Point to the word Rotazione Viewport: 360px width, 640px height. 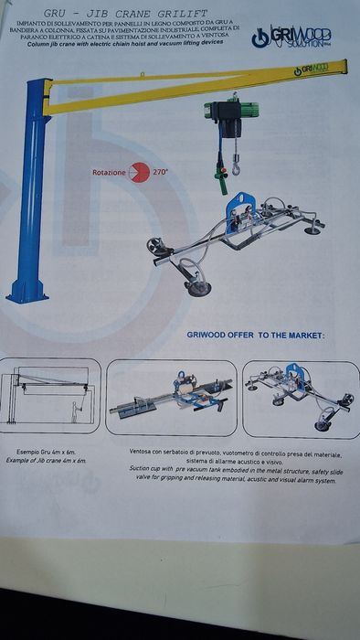pos(108,172)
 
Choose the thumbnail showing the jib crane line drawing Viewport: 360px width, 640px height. pos(51,395)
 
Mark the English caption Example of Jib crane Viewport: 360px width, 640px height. pos(51,461)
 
